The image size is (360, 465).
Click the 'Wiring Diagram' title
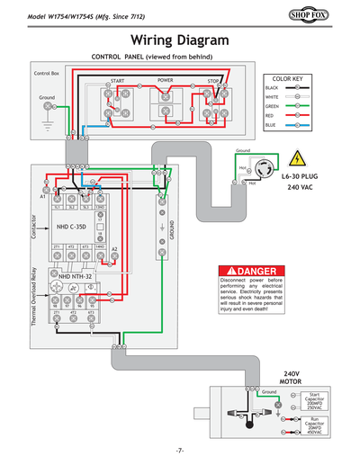tap(180, 40)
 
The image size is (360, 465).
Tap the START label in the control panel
tap(116, 81)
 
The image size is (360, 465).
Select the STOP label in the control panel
tap(213, 81)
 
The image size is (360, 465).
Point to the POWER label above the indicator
tap(165, 80)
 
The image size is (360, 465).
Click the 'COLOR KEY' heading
tap(286, 79)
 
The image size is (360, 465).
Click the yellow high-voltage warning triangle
tap(295, 156)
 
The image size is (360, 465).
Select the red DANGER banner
tap(257, 271)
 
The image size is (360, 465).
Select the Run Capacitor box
tap(313, 425)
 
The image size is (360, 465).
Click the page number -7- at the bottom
tap(180, 449)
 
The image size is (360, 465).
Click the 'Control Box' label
tap(46, 72)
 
